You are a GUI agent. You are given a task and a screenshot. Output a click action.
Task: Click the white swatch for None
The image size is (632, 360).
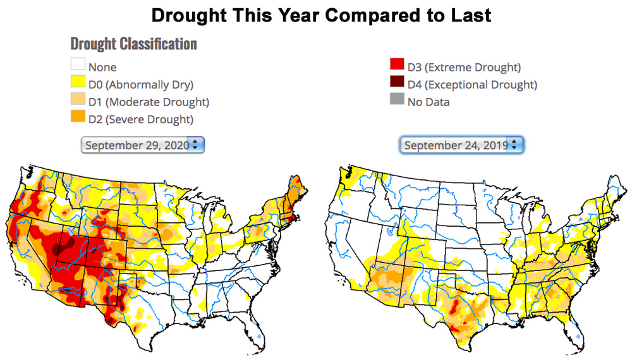pos(78,66)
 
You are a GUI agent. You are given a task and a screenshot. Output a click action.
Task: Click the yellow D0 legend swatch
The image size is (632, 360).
pos(78,83)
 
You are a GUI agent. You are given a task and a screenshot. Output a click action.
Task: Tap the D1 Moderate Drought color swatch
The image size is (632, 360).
pos(78,100)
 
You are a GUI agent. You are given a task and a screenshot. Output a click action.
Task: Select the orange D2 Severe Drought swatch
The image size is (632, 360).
pos(78,117)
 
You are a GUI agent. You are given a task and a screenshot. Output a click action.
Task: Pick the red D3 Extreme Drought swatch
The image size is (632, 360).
pos(397,66)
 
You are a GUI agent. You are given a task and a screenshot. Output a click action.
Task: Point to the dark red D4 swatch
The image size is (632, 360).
pos(397,83)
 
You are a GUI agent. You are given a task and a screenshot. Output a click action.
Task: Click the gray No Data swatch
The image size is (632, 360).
pos(397,100)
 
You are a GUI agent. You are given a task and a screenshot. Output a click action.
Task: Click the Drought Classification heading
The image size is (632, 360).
pos(134,44)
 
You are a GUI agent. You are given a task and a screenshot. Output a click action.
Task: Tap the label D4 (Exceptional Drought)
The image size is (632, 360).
pos(471,84)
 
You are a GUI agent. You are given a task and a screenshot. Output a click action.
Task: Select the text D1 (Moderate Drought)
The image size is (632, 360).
pos(149,101)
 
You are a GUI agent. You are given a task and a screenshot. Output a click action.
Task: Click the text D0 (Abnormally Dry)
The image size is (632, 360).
pos(141,84)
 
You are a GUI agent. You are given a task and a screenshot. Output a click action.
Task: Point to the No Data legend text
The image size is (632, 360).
pos(428,101)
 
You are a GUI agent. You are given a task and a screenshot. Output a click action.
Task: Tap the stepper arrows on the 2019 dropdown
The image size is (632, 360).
pos(513,145)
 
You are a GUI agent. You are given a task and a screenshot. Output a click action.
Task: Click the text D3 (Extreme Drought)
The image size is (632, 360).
pos(463,67)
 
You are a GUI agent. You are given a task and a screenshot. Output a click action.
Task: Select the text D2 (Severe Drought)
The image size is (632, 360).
pos(141,118)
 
